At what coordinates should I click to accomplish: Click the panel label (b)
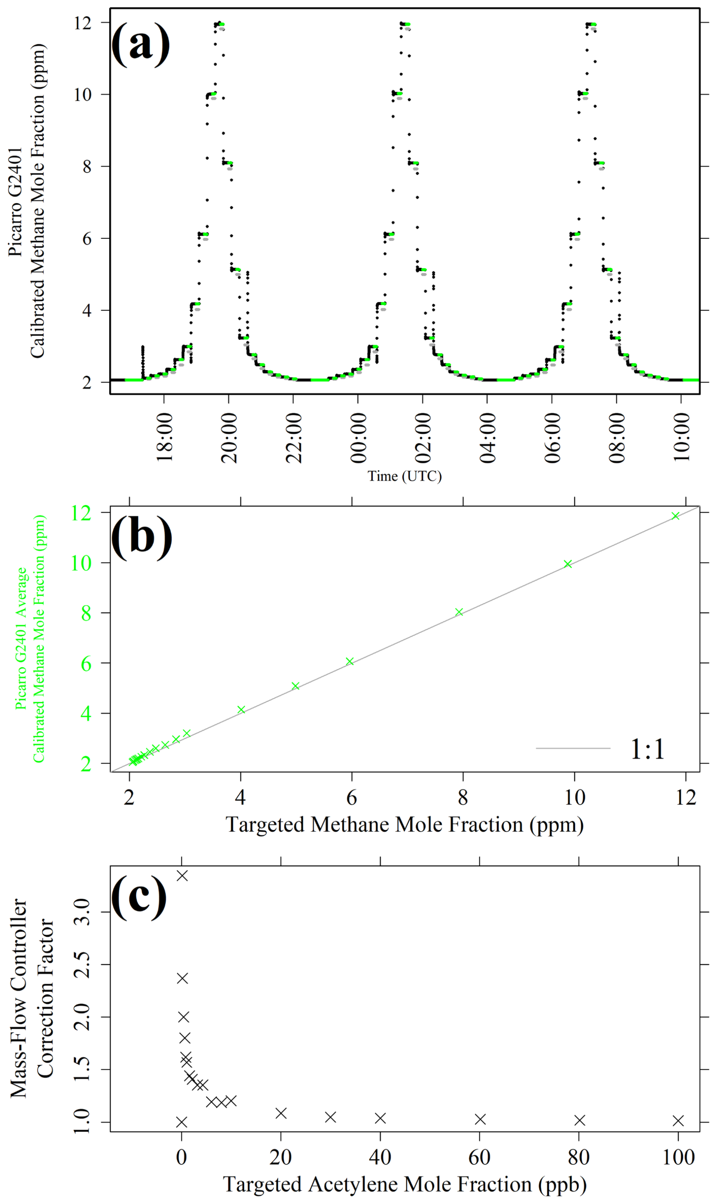[x=142, y=538]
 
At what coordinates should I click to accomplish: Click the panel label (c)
[x=139, y=898]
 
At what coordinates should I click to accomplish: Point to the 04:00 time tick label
[x=487, y=438]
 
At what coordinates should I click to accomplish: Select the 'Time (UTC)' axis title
[x=405, y=476]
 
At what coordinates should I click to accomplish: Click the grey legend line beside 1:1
[x=573, y=748]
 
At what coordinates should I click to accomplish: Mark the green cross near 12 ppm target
[x=675, y=516]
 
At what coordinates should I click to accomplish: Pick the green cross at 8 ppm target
[x=459, y=612]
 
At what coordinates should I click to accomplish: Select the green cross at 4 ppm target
[x=241, y=710]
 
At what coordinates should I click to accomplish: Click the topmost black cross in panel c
[x=182, y=876]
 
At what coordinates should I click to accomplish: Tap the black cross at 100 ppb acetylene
[x=678, y=1120]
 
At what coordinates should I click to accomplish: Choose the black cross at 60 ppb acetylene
[x=480, y=1119]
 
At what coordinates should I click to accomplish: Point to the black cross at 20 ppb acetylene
[x=281, y=1113]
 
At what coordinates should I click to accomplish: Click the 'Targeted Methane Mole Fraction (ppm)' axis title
[x=405, y=824]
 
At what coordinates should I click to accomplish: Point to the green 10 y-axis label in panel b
[x=81, y=563]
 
